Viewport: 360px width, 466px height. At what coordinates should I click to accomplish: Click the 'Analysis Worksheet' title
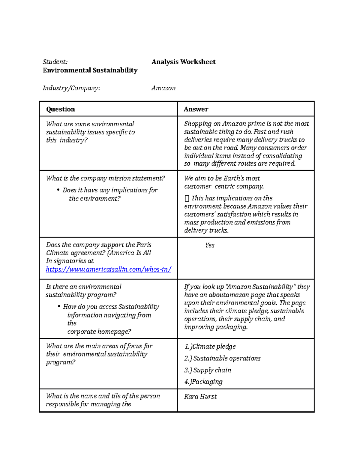(x=183, y=62)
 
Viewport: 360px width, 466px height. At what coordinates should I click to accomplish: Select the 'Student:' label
(x=55, y=62)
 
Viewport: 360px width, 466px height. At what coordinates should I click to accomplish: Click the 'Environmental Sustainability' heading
(x=90, y=70)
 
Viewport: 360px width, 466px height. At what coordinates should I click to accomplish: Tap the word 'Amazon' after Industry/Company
(x=163, y=88)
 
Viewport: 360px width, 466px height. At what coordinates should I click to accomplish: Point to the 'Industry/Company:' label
(x=71, y=88)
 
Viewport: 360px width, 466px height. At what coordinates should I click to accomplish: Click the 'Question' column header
(x=60, y=109)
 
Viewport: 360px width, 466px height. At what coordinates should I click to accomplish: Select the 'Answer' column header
(x=196, y=109)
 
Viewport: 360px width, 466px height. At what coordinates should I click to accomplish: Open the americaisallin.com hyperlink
(x=108, y=269)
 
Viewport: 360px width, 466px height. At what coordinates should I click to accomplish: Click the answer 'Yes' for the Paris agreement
(x=210, y=245)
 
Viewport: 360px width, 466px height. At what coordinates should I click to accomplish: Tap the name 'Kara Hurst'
(x=200, y=396)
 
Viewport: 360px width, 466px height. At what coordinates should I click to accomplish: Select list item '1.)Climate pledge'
(x=210, y=347)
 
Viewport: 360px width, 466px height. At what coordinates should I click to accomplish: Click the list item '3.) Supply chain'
(x=208, y=370)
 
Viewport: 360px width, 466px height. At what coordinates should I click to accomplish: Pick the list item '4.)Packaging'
(x=203, y=382)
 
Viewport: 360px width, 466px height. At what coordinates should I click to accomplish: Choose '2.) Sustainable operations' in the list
(x=222, y=358)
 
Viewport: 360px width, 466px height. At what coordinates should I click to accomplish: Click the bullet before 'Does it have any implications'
(x=58, y=190)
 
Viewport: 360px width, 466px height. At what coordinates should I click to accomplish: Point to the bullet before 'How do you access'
(x=59, y=306)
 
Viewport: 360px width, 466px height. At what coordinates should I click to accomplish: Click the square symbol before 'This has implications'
(x=187, y=198)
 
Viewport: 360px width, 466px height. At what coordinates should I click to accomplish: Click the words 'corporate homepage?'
(x=99, y=332)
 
